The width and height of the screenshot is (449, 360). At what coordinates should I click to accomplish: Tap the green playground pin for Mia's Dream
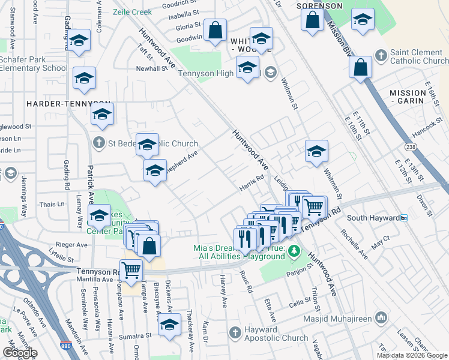click(294, 250)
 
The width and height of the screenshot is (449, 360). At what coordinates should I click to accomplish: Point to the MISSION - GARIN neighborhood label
click(415, 97)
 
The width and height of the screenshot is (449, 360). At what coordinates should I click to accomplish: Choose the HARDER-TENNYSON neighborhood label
click(68, 104)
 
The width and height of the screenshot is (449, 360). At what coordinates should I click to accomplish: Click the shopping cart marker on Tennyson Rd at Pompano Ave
click(131, 269)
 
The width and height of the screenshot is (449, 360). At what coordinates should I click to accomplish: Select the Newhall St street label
click(151, 68)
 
